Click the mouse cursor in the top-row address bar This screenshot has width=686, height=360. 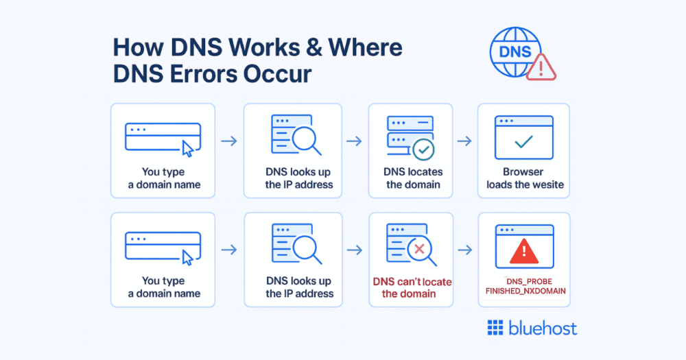[187, 147]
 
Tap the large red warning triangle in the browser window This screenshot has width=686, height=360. [523, 252]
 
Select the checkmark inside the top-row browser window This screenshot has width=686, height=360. [523, 142]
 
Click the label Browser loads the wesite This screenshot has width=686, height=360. [523, 178]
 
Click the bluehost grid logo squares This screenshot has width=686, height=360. [495, 328]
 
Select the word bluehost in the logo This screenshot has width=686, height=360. [543, 328]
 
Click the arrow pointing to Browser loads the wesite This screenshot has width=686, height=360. [464, 141]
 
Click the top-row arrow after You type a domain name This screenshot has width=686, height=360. [229, 141]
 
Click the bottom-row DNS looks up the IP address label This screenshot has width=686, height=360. [299, 287]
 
